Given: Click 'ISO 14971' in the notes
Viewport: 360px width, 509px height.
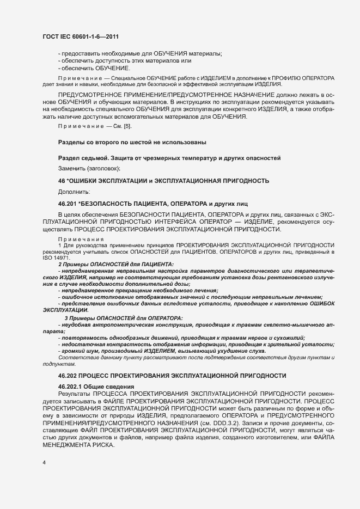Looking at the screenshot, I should [x=52, y=257].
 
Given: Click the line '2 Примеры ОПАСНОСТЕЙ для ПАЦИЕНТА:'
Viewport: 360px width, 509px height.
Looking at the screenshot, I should [x=116, y=263].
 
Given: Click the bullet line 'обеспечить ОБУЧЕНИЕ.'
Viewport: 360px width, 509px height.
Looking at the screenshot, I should [x=96, y=68].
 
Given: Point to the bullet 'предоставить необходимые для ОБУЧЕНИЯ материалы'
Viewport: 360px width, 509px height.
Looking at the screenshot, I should [x=142, y=53].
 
